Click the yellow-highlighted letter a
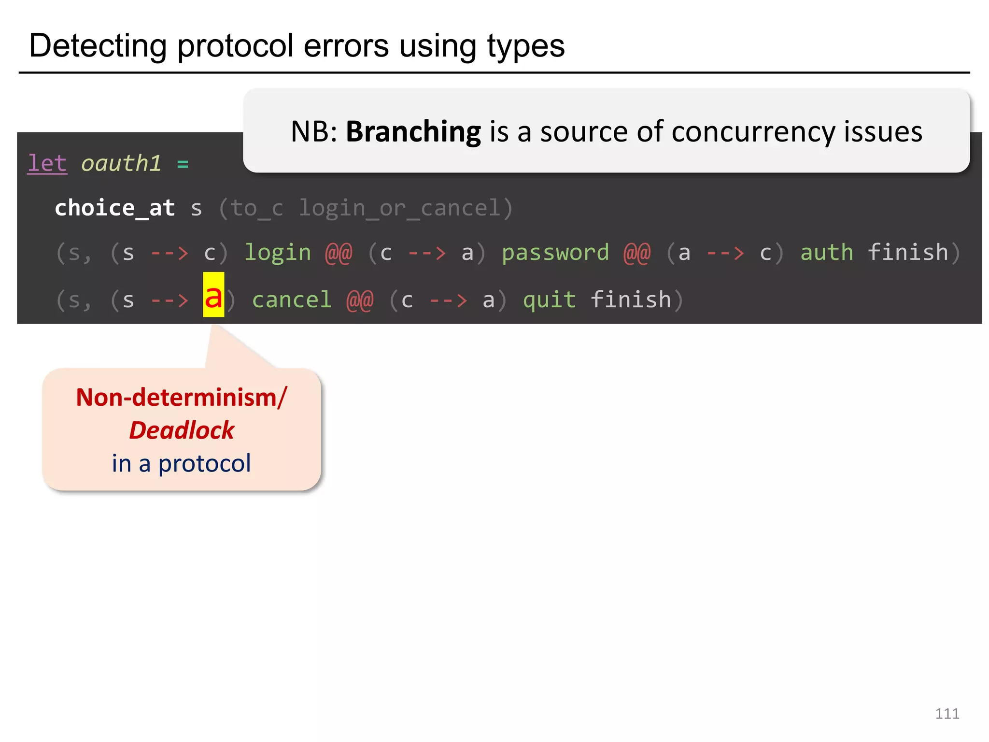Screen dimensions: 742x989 (213, 296)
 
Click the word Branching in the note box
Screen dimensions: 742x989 (413, 132)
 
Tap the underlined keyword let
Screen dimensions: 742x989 (47, 163)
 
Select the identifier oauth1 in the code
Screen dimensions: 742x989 (121, 163)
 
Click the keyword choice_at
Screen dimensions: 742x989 (115, 208)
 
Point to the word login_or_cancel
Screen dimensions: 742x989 (400, 208)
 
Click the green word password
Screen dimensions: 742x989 (555, 253)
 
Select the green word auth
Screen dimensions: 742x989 (827, 253)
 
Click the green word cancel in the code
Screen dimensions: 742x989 (292, 300)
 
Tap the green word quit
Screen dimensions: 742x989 (550, 300)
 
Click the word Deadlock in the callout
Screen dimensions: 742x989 (182, 430)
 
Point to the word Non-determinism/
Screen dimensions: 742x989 (182, 397)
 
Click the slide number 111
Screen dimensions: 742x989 (947, 713)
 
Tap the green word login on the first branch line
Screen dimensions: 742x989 (278, 253)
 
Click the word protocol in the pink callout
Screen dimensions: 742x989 (205, 463)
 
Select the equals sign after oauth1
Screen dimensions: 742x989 (183, 164)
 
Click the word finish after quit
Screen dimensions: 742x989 (631, 300)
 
